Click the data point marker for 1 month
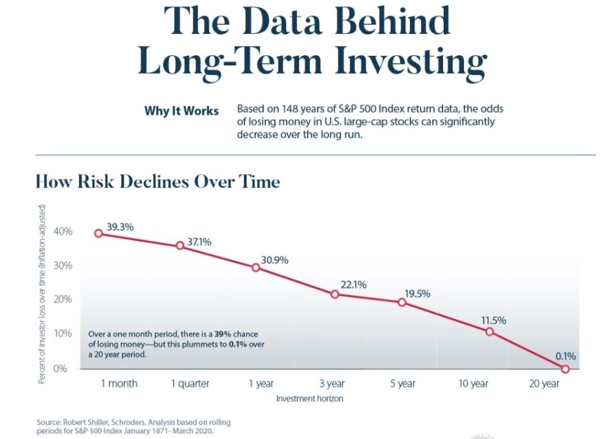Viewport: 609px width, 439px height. click(99, 233)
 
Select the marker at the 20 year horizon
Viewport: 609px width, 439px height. click(565, 369)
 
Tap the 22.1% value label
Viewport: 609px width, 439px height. click(353, 285)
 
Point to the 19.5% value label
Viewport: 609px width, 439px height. click(417, 294)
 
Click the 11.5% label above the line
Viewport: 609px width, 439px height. click(494, 321)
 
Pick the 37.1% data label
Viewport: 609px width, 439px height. click(199, 242)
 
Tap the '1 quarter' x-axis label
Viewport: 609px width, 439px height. click(190, 384)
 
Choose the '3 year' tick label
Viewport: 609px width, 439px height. click(332, 384)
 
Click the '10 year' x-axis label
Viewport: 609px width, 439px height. click(473, 384)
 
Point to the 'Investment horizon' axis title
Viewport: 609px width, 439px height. click(309, 399)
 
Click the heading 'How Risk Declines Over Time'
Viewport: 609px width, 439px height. click(158, 181)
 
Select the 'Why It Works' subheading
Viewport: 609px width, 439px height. click(181, 111)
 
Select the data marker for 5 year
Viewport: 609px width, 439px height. click(402, 302)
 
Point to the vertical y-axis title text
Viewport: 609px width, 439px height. click(42, 293)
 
